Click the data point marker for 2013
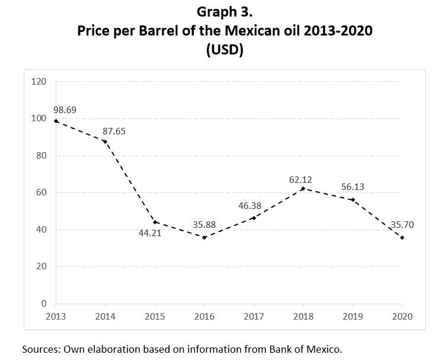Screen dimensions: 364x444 [55, 121]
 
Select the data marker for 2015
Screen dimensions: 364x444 [155, 222]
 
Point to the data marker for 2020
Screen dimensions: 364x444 [403, 237]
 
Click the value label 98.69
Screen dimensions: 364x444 [65, 110]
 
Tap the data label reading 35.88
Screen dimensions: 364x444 [205, 225]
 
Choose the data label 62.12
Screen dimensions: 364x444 [300, 178]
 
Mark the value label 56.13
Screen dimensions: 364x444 [353, 187]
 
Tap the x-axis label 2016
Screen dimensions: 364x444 [205, 315]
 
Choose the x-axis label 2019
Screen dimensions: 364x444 [353, 315]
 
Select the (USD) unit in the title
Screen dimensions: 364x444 [225, 50]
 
